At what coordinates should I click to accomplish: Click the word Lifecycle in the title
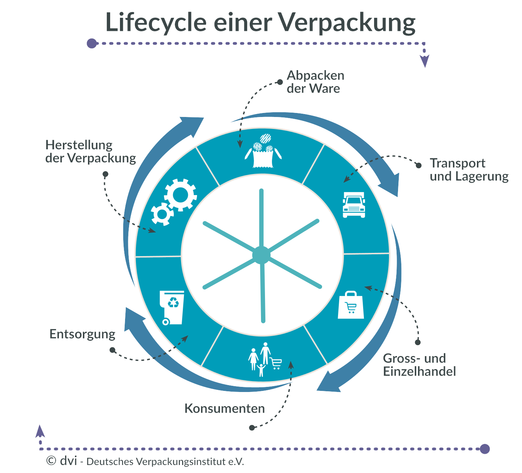(156, 23)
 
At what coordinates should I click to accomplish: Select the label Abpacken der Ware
(315, 82)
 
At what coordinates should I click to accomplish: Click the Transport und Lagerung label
(469, 170)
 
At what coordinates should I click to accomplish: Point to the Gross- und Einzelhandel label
(419, 365)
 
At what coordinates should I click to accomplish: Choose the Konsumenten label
(225, 408)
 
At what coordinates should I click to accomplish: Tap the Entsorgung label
(83, 334)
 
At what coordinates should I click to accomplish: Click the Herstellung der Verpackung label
(91, 151)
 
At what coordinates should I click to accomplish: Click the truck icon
(354, 205)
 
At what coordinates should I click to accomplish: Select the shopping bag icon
(351, 305)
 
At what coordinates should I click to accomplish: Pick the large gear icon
(180, 195)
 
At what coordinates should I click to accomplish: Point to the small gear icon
(162, 214)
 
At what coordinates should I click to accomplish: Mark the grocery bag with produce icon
(264, 151)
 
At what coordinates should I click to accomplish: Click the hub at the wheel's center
(261, 255)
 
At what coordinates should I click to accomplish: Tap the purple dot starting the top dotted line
(92, 44)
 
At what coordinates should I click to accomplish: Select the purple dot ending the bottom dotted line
(485, 449)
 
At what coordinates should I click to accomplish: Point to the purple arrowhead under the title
(424, 61)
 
